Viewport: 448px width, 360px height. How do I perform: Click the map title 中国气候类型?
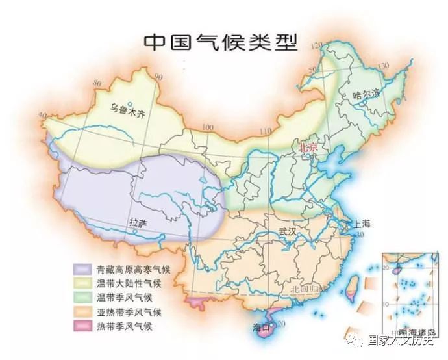pos(220,42)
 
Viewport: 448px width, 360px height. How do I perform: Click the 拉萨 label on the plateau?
pos(138,223)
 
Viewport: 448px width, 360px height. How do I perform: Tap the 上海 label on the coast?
pos(361,224)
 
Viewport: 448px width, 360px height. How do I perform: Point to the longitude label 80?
pos(97,83)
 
